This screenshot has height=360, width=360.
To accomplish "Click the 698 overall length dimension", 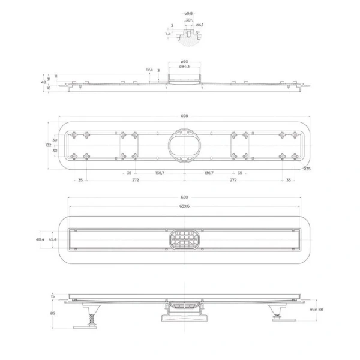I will tap(184, 116).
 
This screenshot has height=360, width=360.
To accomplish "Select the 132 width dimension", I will tap(48, 145).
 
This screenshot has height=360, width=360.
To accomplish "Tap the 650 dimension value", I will tap(184, 197).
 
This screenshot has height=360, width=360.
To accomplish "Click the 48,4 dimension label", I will tap(40, 239).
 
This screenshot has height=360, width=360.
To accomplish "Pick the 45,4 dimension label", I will tap(53, 239).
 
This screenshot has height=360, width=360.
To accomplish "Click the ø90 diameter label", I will tap(185, 62).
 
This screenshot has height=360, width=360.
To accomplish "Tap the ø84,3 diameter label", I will tap(184, 67).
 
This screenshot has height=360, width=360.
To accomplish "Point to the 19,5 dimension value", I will tap(149, 70).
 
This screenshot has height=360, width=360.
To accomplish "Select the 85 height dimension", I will tap(52, 313).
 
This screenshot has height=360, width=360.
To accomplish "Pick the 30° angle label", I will tap(188, 20).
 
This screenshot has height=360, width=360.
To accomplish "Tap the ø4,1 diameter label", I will tap(200, 25).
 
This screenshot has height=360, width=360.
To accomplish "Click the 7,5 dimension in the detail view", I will tap(168, 34).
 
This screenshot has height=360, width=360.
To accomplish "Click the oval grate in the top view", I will tap(184, 240).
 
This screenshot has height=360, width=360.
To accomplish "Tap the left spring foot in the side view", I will tap(93, 314).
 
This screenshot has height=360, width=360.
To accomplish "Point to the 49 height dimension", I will tap(43, 82).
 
